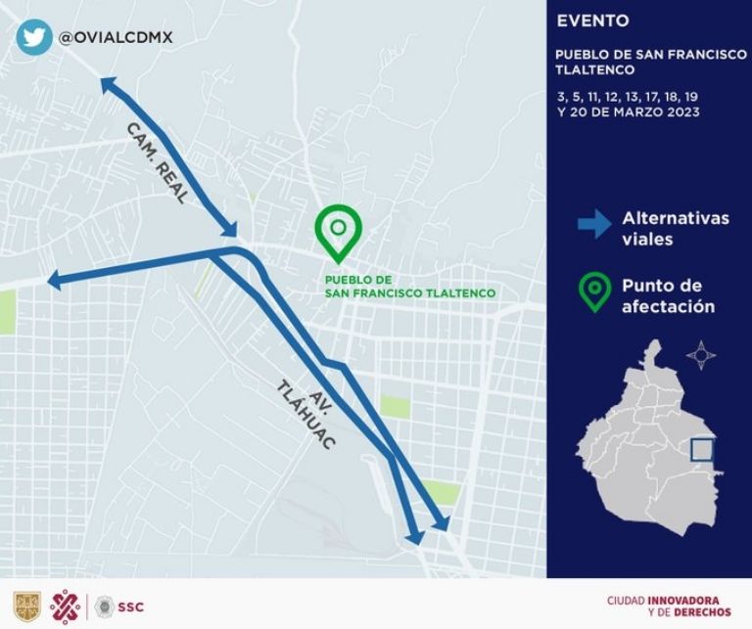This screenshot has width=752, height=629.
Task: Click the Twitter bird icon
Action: [34, 37]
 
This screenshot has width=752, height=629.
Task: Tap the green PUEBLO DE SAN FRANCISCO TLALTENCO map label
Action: [409, 286]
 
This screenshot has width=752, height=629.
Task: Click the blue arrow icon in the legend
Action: [593, 224]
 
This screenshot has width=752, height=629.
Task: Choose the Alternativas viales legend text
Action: [675, 229]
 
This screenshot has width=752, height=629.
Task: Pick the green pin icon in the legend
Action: [592, 293]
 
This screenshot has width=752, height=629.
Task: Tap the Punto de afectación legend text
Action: [667, 296]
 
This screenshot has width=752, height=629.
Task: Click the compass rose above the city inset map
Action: [701, 354]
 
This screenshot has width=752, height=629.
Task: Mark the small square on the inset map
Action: [701, 449]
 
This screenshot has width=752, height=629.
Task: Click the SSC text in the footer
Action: [130, 607]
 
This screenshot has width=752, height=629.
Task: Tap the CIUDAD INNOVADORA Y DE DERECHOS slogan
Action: [669, 607]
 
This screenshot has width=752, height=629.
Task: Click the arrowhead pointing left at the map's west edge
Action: [54, 281]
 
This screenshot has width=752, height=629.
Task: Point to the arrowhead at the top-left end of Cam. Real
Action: [107, 87]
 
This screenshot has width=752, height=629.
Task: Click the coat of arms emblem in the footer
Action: [25, 607]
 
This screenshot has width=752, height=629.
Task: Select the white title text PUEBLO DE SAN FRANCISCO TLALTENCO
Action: [650, 62]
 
